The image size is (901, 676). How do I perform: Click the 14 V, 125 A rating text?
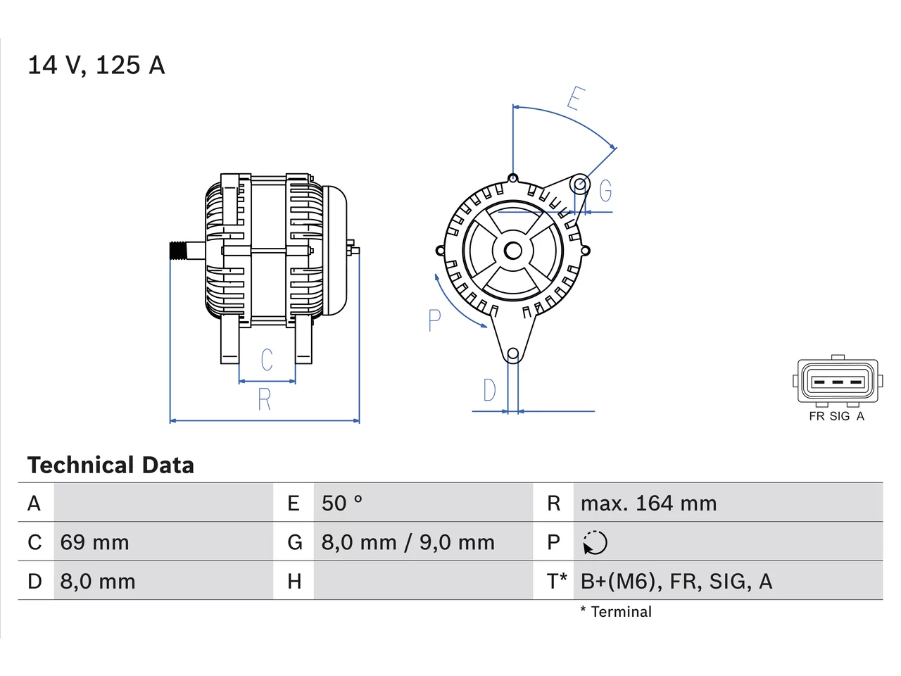point(96,65)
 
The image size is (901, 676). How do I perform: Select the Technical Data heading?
point(111,465)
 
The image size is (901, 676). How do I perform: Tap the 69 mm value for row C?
point(94,542)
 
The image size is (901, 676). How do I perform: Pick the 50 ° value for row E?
point(342,503)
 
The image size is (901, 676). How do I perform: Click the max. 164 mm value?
point(648,503)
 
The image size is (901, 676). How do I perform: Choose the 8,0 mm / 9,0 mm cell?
point(408,542)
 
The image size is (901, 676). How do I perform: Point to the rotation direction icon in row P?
point(595,543)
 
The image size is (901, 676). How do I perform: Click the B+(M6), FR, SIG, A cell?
point(676,582)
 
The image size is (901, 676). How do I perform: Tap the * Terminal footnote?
point(616,612)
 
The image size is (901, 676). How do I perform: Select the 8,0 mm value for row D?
point(98,582)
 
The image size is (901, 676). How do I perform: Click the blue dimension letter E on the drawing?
point(576,99)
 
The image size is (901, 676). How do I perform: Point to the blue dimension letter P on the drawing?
point(434,320)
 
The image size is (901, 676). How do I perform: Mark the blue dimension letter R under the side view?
point(265,399)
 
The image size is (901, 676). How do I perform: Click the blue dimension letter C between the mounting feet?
point(267,360)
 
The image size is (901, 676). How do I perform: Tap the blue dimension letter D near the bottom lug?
point(490,390)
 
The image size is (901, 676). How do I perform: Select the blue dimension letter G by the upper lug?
point(605,191)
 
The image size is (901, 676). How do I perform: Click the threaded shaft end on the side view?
point(178,251)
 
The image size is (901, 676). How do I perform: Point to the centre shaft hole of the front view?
point(512,251)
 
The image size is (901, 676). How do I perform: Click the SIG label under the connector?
point(840,416)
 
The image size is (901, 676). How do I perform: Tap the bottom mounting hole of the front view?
point(513,353)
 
